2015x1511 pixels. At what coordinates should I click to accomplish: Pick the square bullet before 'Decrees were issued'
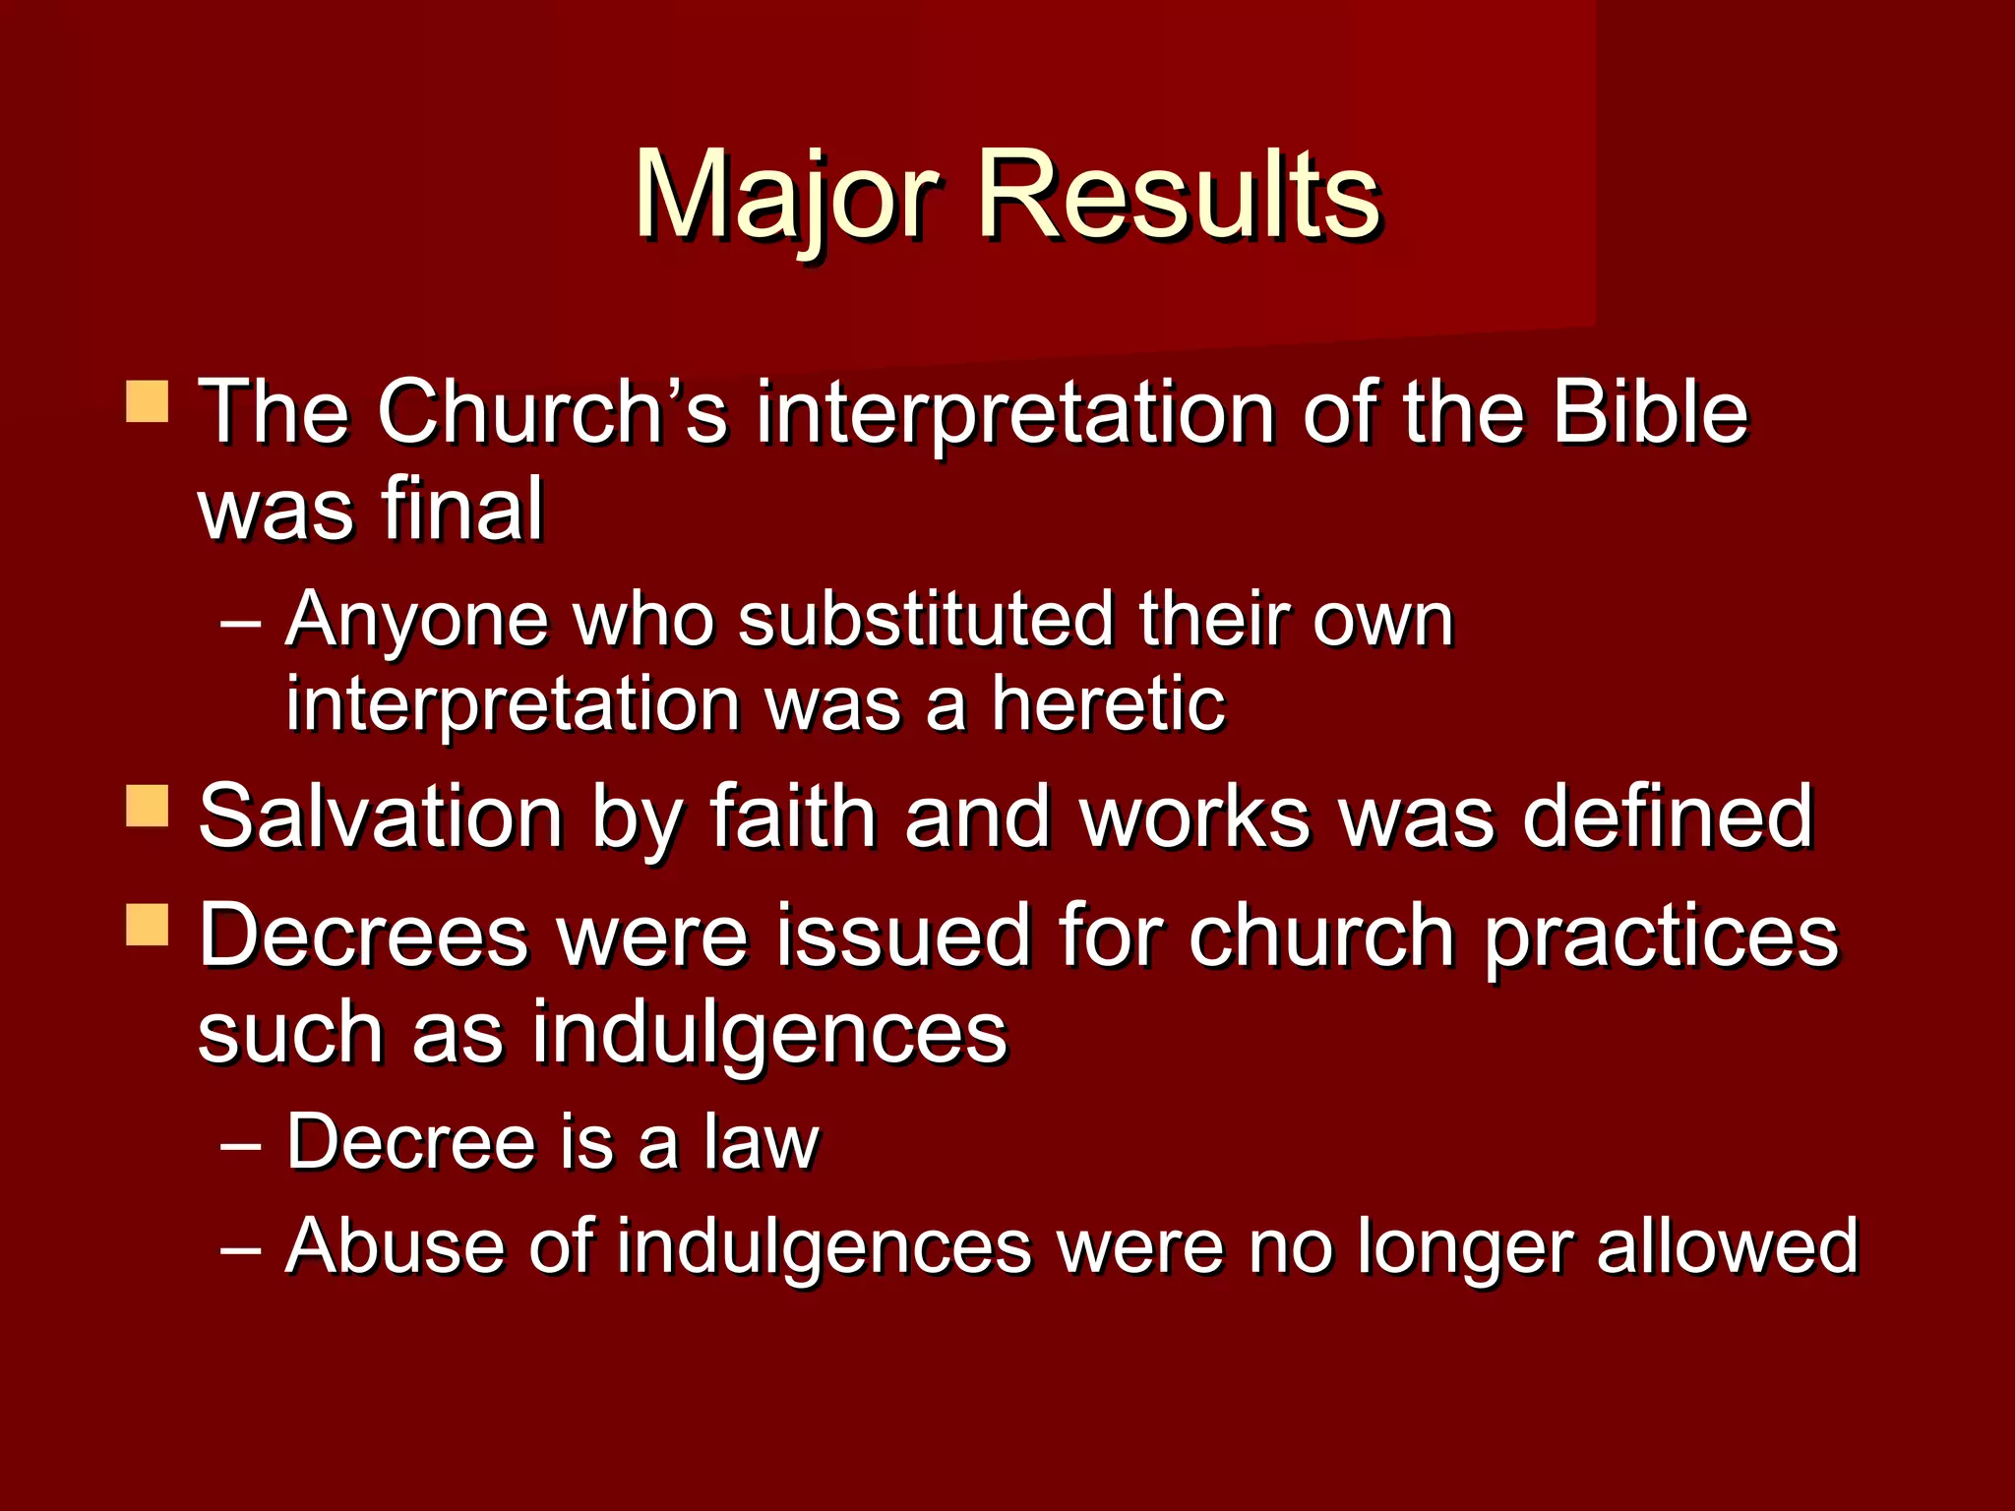pyautogui.click(x=148, y=925)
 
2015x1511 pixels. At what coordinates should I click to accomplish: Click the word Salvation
pyautogui.click(x=380, y=816)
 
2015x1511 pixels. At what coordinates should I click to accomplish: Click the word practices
pyautogui.click(x=1660, y=937)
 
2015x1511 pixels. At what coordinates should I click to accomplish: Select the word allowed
pyautogui.click(x=1727, y=1246)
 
